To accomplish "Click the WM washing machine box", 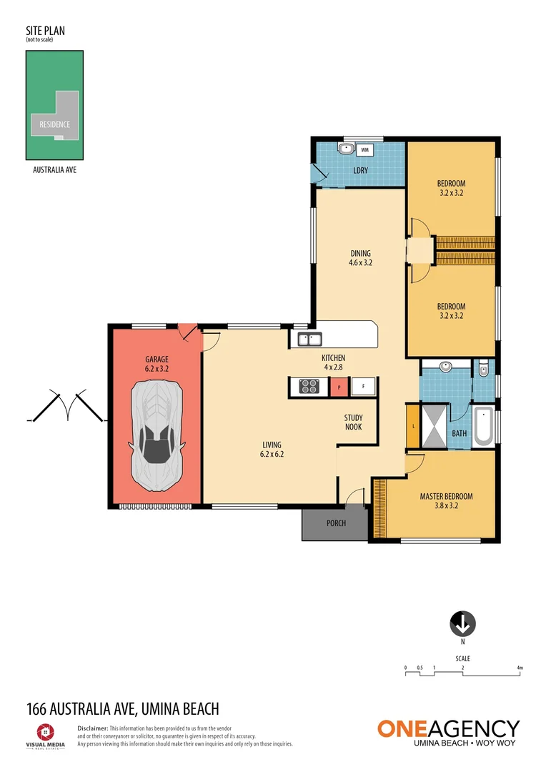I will pos(364,150).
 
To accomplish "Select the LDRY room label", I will pos(361,170).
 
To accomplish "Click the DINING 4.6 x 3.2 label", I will pos(361,257).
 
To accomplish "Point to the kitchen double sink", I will pos(310,340).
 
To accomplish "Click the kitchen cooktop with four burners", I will pos(309,387).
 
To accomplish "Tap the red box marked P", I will pos(339,387).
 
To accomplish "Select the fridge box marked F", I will pos(363,387).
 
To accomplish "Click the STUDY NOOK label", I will pos(353,422).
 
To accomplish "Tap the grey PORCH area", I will pos(335,523).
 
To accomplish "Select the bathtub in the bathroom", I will pos(482,426).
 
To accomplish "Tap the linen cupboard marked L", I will pos(413,427).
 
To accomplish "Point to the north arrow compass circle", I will pos(462,624).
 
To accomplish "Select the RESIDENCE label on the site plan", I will pos(55,124).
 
